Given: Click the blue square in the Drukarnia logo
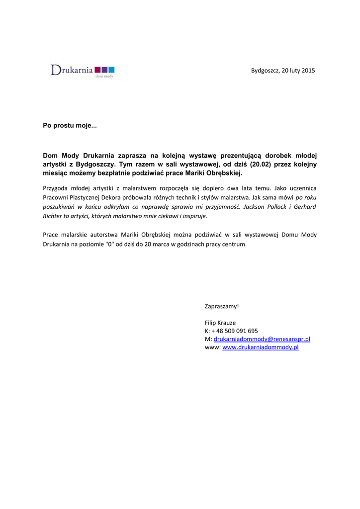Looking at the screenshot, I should click(111, 70).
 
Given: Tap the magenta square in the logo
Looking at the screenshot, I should click(97, 70).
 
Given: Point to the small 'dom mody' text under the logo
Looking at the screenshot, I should click(108, 77).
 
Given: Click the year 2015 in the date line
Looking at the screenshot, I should click(308, 71).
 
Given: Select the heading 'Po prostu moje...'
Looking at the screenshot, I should click(70, 126).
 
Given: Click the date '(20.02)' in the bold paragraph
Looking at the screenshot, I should click(261, 164).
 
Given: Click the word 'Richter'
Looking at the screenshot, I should click(53, 216).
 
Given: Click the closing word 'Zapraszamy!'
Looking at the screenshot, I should click(222, 306).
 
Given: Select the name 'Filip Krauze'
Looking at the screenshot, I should click(220, 323).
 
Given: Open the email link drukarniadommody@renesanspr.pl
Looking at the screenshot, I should click(262, 339).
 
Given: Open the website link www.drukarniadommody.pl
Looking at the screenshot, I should click(260, 347).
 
